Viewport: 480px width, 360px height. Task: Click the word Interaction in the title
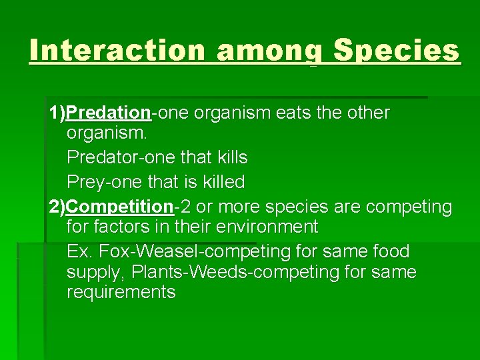point(117,51)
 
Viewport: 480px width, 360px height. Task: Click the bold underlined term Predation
point(109,113)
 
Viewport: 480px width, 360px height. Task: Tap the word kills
point(228,158)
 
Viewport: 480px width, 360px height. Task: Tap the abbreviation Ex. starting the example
point(79,252)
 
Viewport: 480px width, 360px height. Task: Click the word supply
point(95,273)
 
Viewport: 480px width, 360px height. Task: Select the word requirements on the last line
point(121,292)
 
